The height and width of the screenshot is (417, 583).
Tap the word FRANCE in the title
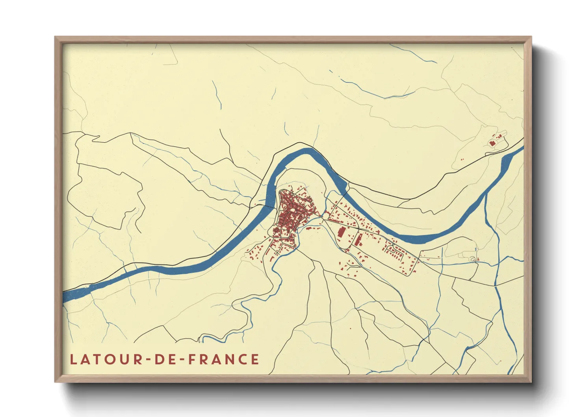tap(223, 359)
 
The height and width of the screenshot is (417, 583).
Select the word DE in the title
tap(167, 359)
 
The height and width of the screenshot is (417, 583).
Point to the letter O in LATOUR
tap(108, 359)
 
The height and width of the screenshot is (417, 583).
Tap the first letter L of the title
tap(73, 359)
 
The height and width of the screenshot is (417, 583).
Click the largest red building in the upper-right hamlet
tap(492, 143)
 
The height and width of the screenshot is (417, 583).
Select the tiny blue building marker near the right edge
tap(476, 249)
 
